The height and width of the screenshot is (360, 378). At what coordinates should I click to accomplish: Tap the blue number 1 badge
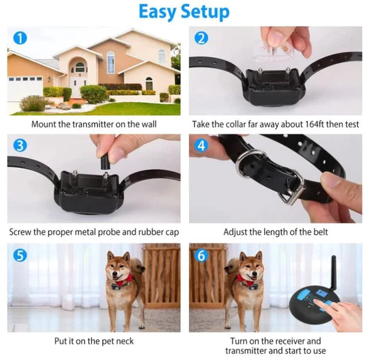(20, 38)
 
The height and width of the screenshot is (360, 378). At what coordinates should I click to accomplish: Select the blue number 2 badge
(202, 38)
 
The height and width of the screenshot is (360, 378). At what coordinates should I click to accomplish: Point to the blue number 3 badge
(20, 145)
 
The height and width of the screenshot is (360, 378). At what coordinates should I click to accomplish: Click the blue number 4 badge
(202, 145)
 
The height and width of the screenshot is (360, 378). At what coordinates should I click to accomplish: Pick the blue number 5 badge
(20, 255)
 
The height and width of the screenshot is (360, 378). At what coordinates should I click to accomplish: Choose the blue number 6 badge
(202, 255)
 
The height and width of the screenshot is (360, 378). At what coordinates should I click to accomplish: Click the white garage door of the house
(25, 87)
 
